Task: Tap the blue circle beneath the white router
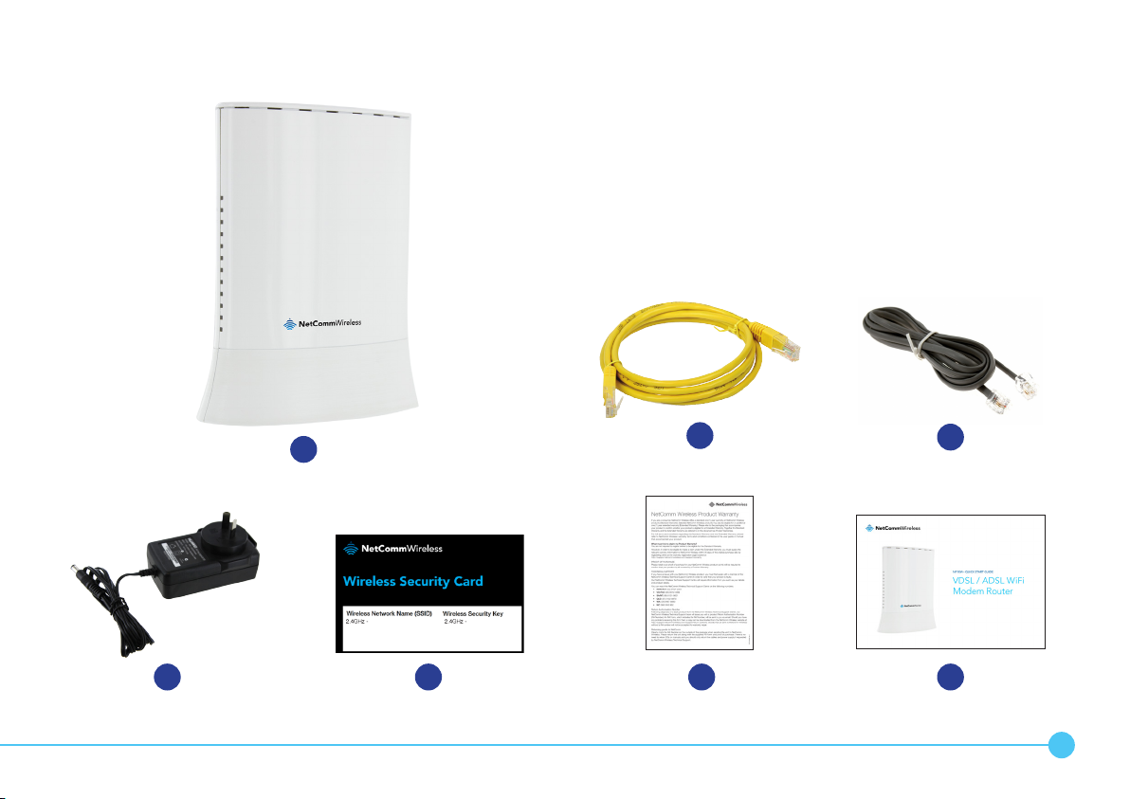pos(304,449)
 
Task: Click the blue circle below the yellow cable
pos(701,436)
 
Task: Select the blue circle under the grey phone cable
pos(950,436)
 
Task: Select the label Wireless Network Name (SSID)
pos(389,614)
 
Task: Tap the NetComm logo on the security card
pos(392,549)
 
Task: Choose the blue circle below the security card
pos(428,677)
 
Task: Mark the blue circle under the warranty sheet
pos(701,677)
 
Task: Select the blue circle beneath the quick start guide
pos(950,677)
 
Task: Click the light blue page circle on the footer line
pos(1062,746)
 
